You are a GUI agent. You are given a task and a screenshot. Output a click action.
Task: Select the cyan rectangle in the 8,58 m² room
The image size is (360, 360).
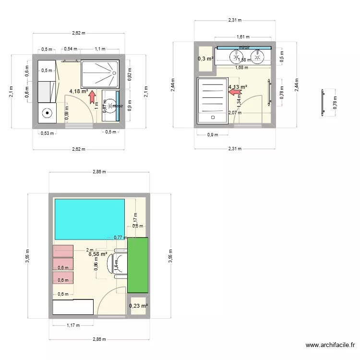[89, 218]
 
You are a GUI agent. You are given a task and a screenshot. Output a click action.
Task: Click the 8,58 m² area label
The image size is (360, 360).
[97, 254]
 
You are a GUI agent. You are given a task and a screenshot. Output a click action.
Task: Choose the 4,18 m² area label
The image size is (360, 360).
[78, 91]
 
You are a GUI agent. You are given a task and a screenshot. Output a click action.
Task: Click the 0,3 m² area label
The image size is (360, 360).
[205, 59]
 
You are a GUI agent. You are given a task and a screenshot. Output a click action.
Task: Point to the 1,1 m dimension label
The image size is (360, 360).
[100, 49]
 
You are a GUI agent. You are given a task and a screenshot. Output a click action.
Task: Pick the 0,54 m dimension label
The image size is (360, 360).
[71, 49]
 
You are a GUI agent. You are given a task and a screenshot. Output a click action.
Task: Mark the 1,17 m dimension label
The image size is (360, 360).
[73, 325]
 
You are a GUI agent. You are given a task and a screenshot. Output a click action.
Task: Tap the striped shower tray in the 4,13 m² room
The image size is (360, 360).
[212, 100]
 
